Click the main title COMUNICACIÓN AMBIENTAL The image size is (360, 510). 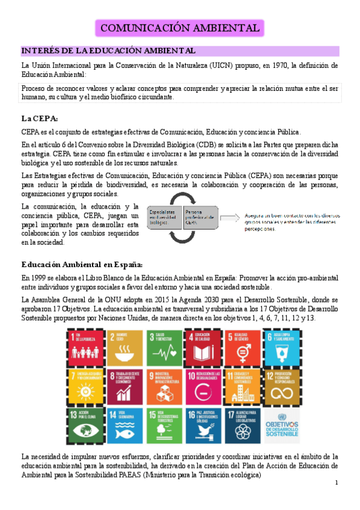(x=180, y=28)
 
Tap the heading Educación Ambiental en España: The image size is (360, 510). (x=82, y=264)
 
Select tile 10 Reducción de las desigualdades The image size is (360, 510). (x=203, y=386)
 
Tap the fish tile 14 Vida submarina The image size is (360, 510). (x=124, y=426)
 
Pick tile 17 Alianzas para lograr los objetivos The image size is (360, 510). (x=243, y=426)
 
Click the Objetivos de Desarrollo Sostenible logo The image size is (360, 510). (x=282, y=426)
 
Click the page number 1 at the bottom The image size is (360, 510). (x=337, y=483)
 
